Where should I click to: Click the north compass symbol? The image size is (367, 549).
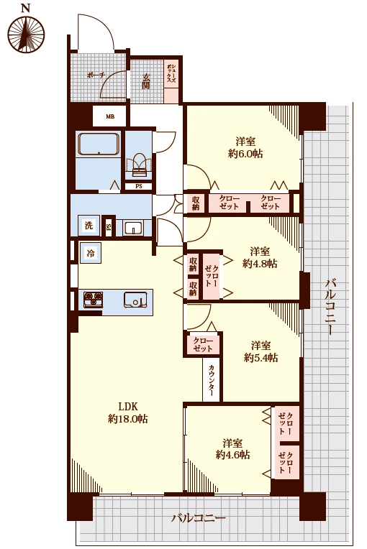pos(26,34)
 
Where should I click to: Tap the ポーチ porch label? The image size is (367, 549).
pos(96,75)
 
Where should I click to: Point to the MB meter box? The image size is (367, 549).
pos(110,116)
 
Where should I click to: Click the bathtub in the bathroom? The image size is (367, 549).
pos(99,144)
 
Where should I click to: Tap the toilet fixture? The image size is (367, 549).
pos(140,165)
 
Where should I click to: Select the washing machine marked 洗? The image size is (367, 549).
pos(89,225)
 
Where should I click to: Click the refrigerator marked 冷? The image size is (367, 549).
pos(91,253)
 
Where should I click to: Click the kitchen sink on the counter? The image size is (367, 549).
pos(136,300)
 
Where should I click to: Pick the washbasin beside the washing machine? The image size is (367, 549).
pos(133,228)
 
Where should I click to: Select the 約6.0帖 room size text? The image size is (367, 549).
pos(245,153)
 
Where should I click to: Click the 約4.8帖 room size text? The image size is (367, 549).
pos(260,263)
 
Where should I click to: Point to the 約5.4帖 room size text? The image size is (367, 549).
pos(261,357)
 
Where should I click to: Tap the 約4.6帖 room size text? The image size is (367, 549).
pos(232,454)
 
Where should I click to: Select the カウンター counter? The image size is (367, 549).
pos(212,379)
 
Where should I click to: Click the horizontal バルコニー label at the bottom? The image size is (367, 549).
pos(199,518)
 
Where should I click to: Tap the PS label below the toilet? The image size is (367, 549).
pos(139,186)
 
